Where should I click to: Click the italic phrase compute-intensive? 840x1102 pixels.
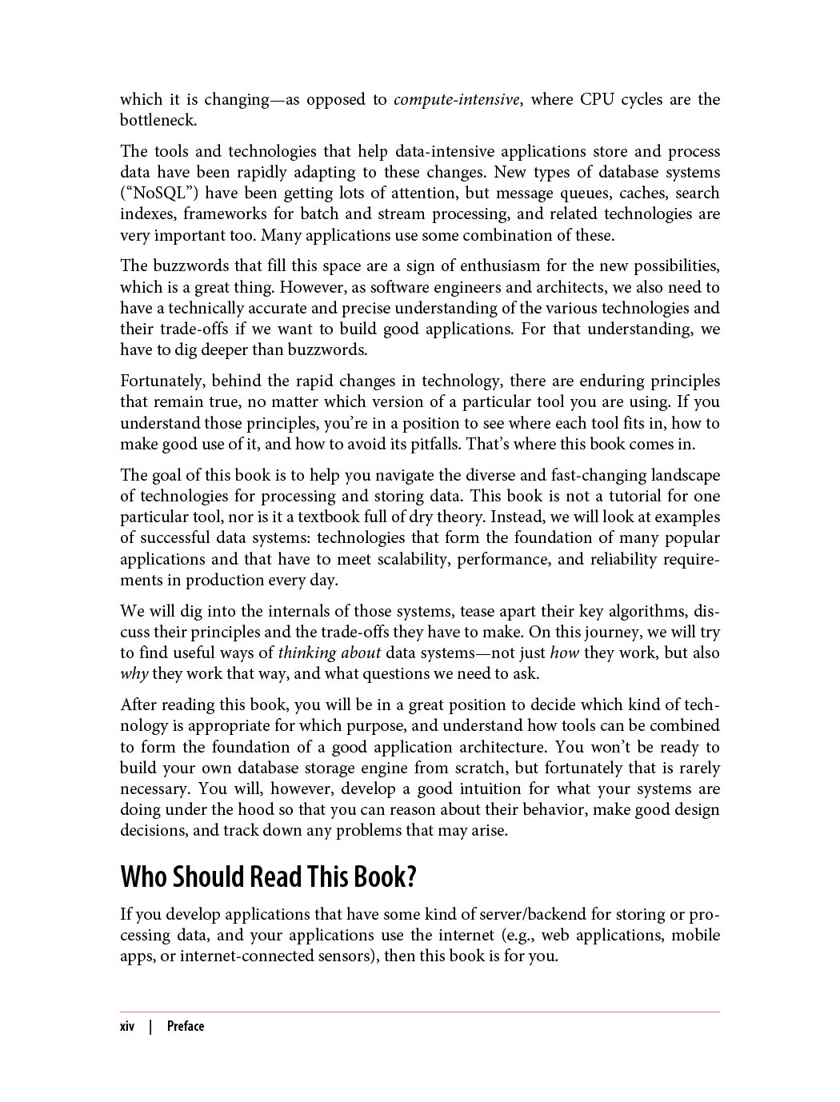456,100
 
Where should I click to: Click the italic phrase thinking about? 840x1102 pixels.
329,653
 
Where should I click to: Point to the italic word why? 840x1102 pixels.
134,674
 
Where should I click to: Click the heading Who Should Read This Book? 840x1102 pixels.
269,877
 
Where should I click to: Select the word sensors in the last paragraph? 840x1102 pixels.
346,956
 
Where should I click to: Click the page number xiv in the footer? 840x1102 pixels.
127,1027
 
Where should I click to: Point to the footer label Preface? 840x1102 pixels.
186,1027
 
